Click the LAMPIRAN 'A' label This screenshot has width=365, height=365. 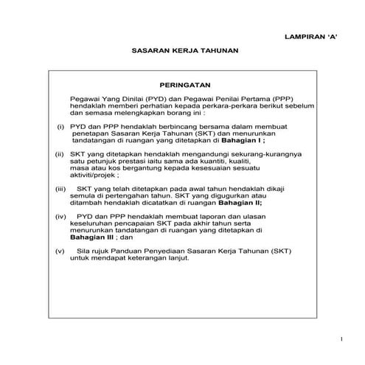click(x=310, y=36)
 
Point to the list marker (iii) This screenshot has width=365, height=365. click(x=61, y=189)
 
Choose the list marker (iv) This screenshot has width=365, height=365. click(x=61, y=217)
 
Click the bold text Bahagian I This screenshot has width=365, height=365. click(x=265, y=140)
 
